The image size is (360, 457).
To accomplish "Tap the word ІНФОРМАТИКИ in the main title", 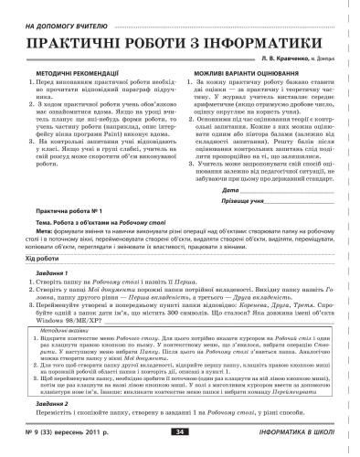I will [x=266, y=42].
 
